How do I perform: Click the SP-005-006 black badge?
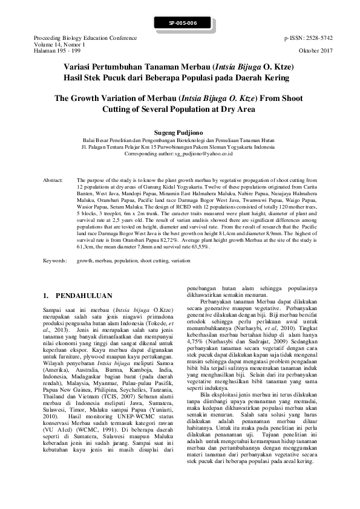(180, 23)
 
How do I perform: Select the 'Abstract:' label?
(54, 181)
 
